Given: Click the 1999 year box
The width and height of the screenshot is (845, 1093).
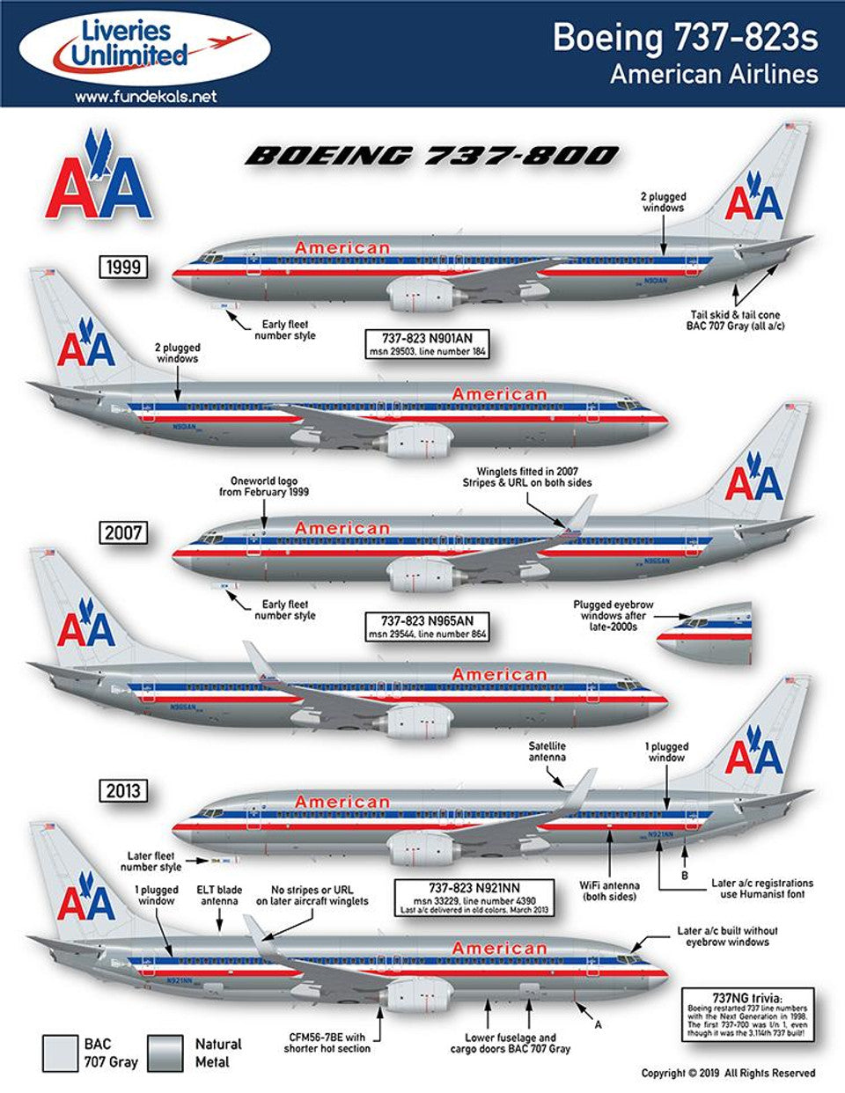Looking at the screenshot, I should (x=123, y=266).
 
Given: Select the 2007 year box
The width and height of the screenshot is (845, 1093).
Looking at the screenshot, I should (x=123, y=532).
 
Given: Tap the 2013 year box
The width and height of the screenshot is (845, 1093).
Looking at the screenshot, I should (x=123, y=790).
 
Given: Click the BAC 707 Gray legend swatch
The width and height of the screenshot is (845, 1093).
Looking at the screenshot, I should (x=60, y=1053).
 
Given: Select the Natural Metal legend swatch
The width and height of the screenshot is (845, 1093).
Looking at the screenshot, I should (x=166, y=1053).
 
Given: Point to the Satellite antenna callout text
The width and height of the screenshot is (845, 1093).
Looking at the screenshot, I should (x=547, y=752).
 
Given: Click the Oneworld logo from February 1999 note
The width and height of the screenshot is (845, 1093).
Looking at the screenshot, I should (x=264, y=487).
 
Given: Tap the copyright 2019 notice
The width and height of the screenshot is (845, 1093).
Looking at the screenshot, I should (x=728, y=1073).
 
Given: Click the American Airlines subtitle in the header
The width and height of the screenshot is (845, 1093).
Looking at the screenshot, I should (x=714, y=74).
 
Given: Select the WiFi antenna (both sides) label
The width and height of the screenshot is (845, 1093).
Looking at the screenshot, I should (x=610, y=891).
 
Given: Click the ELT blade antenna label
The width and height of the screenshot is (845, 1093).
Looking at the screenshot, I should (x=220, y=895).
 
